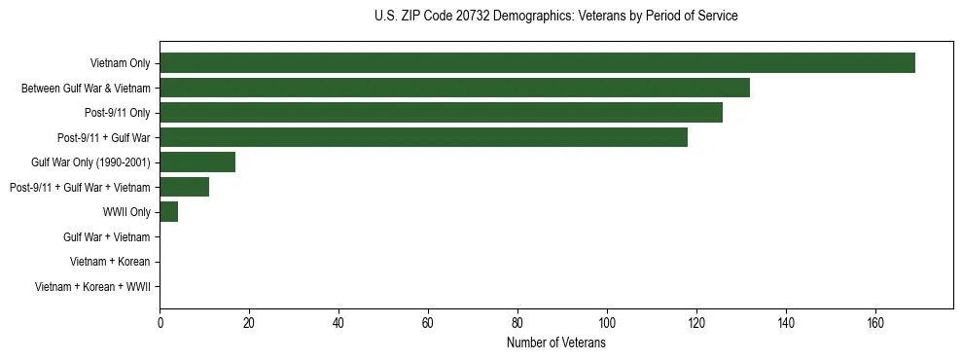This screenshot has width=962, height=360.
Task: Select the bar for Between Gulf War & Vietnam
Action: pyautogui.click(x=454, y=89)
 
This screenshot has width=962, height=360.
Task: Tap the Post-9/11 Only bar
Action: pyautogui.click(x=441, y=113)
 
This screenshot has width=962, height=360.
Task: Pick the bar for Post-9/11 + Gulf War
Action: pyautogui.click(x=423, y=138)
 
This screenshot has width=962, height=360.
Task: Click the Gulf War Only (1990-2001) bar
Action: pyautogui.click(x=197, y=162)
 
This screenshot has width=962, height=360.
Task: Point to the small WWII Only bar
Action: pyautogui.click(x=168, y=212)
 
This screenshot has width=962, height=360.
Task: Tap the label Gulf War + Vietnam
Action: pyautogui.click(x=106, y=237)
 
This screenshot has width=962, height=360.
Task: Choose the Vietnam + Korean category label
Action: pyautogui.click(x=109, y=262)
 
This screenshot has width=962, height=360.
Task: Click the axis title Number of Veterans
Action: pyautogui.click(x=555, y=343)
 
